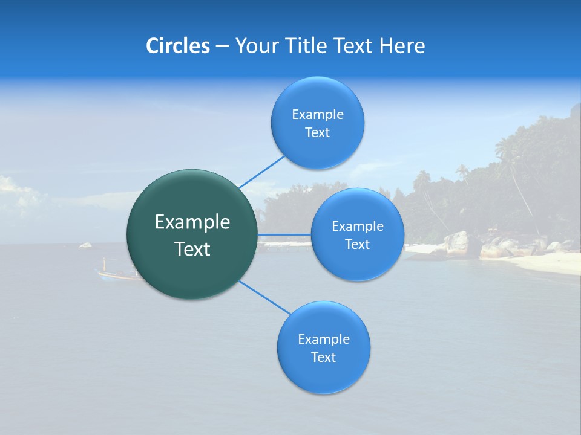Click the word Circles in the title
click(x=177, y=46)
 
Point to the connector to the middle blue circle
click(x=284, y=234)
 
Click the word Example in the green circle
click(x=192, y=222)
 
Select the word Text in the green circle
click(x=192, y=249)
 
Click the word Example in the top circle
click(x=317, y=115)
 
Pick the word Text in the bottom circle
click(x=323, y=358)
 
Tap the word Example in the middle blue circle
click(x=357, y=227)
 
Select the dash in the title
click(x=222, y=47)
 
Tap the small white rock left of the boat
click(x=85, y=245)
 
